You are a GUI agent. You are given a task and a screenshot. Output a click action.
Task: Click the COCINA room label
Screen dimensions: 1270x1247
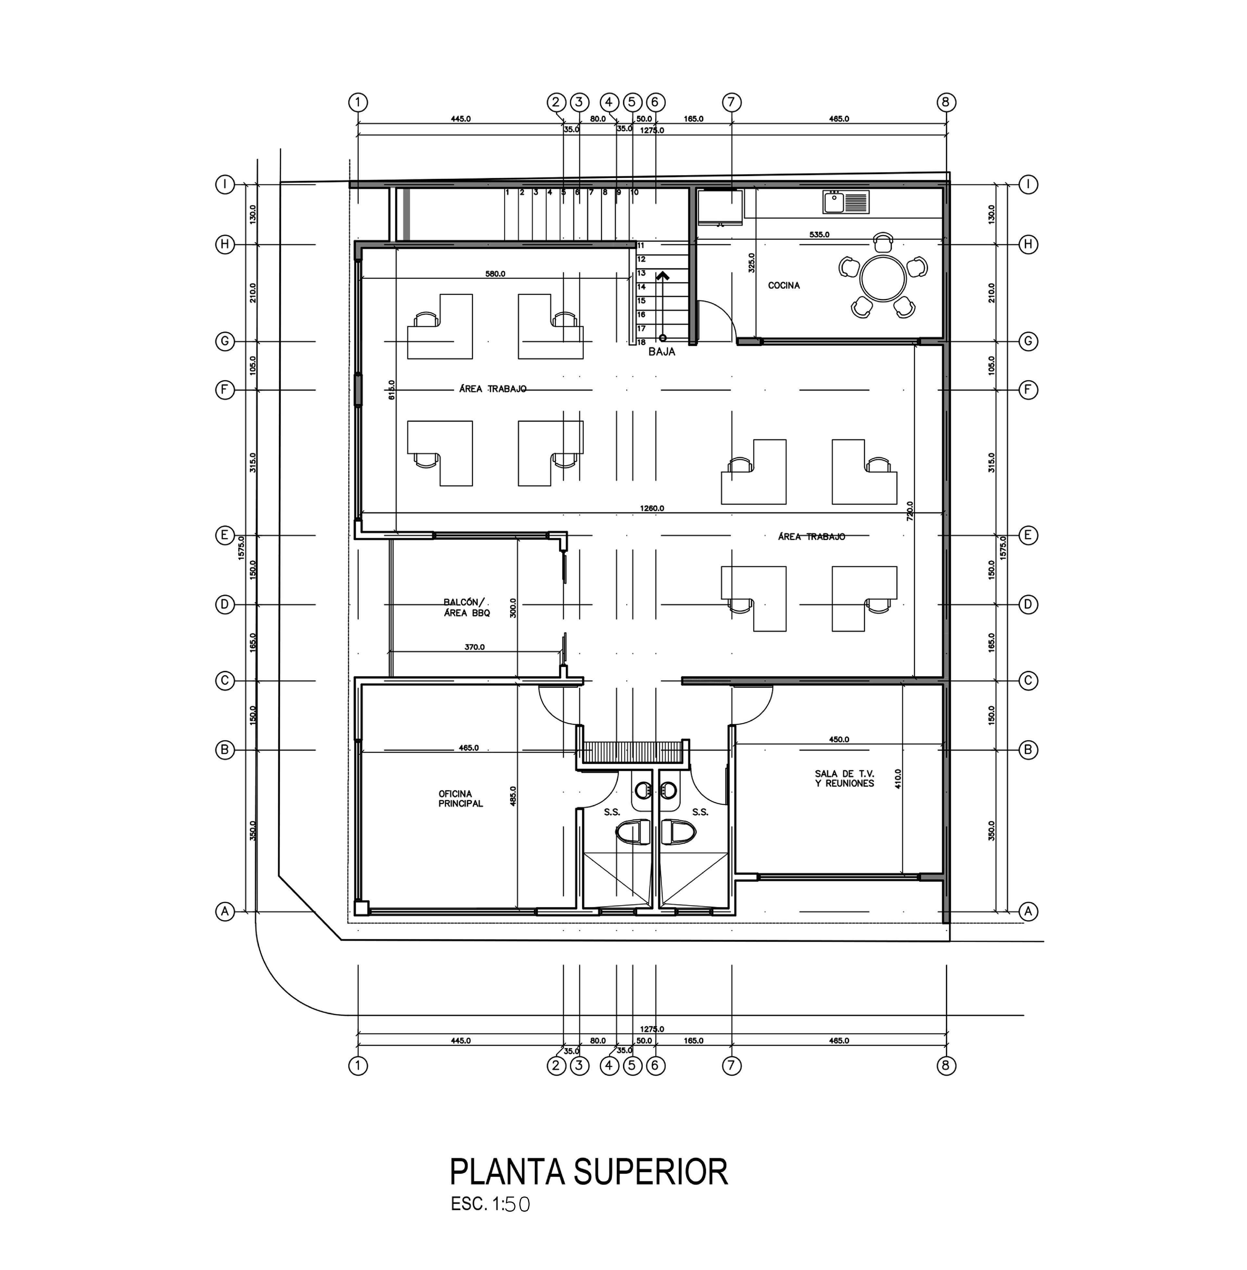[783, 286]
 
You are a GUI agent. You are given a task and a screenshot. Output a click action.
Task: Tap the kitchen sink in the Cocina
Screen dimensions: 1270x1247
[846, 202]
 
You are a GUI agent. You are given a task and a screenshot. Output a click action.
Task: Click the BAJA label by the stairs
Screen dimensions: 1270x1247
[661, 352]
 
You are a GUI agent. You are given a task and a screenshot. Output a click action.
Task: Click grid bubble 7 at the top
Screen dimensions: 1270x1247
[732, 102]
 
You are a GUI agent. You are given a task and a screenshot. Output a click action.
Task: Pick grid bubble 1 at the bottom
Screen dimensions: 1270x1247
[358, 1066]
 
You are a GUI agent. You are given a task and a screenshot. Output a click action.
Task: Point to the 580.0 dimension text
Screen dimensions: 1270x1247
[495, 274]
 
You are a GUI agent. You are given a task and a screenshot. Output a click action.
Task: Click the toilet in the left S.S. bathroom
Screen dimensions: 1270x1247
[631, 832]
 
